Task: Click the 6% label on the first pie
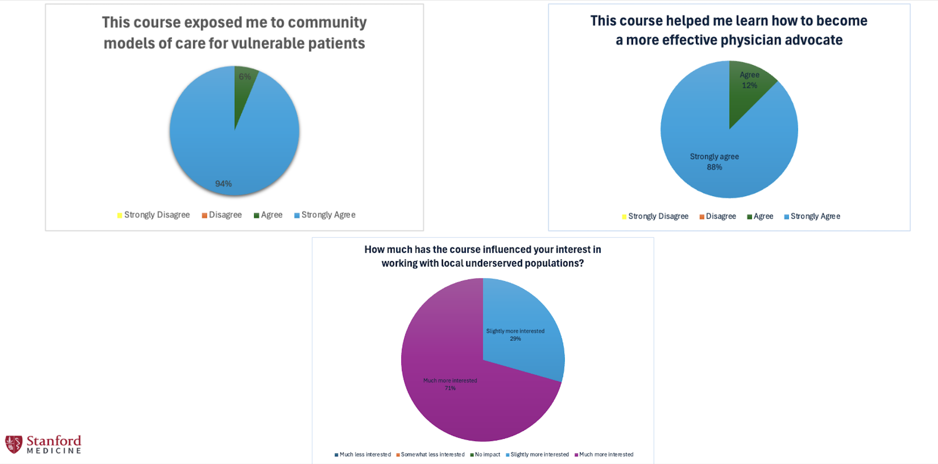[x=245, y=77]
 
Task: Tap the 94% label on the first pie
[x=223, y=184]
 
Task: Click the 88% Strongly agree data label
[x=714, y=162]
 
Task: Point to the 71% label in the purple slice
[x=450, y=388]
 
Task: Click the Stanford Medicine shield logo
[x=13, y=444]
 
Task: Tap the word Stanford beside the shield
[x=54, y=441]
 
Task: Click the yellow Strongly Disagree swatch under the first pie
[x=120, y=216]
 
